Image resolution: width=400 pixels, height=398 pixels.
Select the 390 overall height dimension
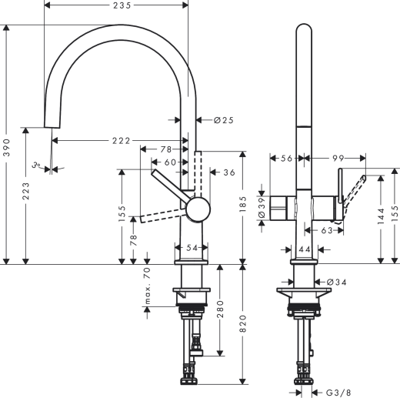coord(7,145)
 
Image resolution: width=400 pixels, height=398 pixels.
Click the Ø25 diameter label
coord(223,119)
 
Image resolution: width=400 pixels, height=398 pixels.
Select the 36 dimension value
coord(228,172)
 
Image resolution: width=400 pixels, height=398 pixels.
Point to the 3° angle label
coord(35,164)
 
